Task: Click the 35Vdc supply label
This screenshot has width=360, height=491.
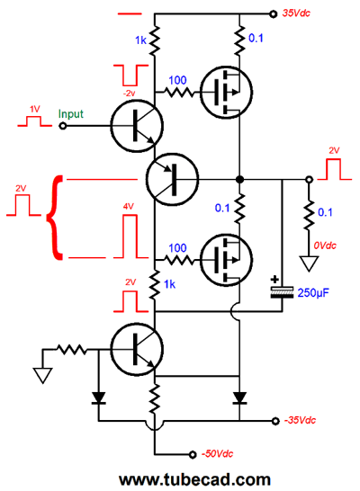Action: point(296,13)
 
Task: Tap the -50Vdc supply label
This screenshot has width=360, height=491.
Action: point(217,454)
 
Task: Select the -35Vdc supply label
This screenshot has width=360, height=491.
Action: point(300,420)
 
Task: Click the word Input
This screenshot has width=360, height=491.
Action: point(71,114)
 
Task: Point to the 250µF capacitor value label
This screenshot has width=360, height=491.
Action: point(313,293)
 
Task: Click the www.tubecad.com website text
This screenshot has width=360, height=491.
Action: point(194,479)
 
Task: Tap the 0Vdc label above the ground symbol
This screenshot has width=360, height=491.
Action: point(325,245)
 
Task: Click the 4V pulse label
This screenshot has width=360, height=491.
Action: point(129,206)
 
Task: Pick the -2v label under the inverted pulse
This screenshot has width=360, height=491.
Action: point(129,93)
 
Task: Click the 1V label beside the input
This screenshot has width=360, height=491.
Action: point(35,109)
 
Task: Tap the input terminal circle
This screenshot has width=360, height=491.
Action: point(63,126)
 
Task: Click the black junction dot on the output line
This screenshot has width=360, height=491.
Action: point(239,180)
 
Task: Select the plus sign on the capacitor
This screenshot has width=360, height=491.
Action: point(274,280)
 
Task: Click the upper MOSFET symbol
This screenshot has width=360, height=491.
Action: point(226,93)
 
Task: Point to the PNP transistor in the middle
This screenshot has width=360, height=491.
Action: point(172,179)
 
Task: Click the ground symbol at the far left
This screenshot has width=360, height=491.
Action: point(42,376)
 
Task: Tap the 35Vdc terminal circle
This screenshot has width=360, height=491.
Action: point(274,14)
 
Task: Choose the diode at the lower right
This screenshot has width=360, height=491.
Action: point(239,397)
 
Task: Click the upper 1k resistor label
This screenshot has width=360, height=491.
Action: point(140,40)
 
